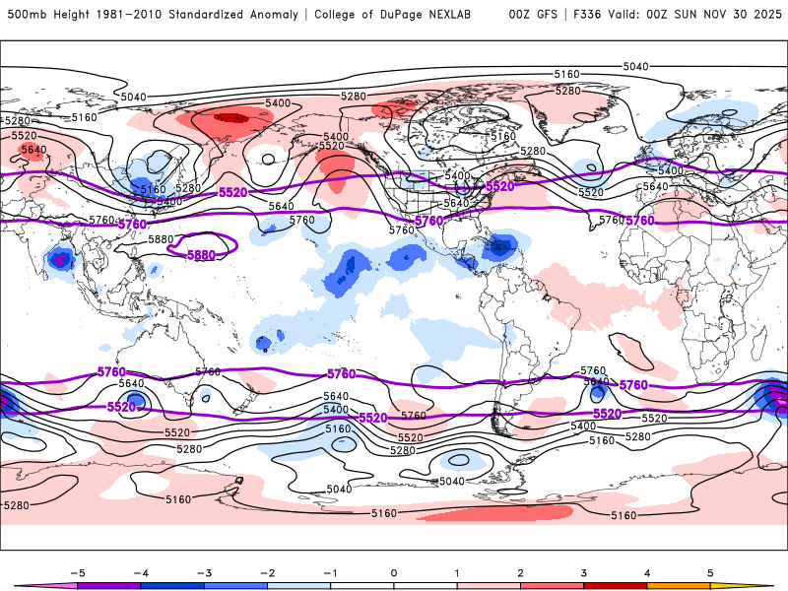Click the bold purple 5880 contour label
click(x=201, y=254)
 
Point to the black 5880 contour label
click(x=160, y=239)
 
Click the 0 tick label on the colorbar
click(x=394, y=571)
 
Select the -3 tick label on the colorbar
click(x=204, y=571)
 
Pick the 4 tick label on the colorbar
click(x=647, y=571)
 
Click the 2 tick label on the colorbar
click(x=521, y=571)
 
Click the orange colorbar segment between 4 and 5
click(x=679, y=585)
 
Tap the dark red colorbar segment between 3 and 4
click(x=616, y=585)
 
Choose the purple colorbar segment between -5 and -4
click(x=109, y=585)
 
